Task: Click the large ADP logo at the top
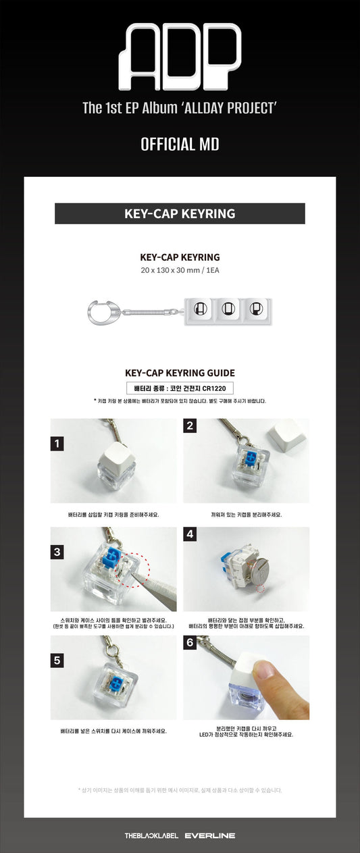179,52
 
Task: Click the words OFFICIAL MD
180,145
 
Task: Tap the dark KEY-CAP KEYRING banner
180,213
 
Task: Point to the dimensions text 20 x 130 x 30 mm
180,269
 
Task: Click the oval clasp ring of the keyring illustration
101,310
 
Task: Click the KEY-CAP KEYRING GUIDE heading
180,373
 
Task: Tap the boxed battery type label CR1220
180,388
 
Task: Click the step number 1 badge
58,444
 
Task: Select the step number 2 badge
190,425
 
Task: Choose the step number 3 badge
58,552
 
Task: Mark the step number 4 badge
190,534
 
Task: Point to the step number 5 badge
58,661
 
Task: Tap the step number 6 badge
190,643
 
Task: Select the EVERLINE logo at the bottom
209,835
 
